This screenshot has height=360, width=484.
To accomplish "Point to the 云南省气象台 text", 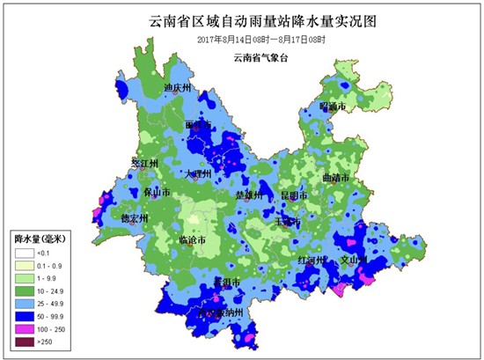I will [261, 58].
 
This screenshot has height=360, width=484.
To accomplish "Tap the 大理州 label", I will [196, 174].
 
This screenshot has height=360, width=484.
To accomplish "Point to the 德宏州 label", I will [134, 217].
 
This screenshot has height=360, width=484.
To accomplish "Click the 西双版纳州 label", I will [221, 312].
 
